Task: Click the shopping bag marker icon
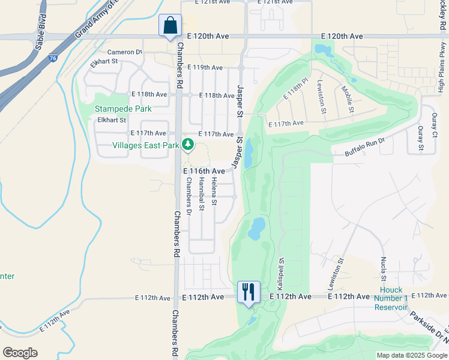coord(170,26)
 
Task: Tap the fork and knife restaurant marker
coord(249,292)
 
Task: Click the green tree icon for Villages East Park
coord(188,144)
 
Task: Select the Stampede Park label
coord(122,109)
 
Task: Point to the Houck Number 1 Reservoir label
coord(391,299)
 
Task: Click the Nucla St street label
coord(383,268)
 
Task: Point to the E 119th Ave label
coord(205,68)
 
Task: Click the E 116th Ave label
coord(203,171)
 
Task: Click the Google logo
coord(20,353)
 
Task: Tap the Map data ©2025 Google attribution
coord(411,355)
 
